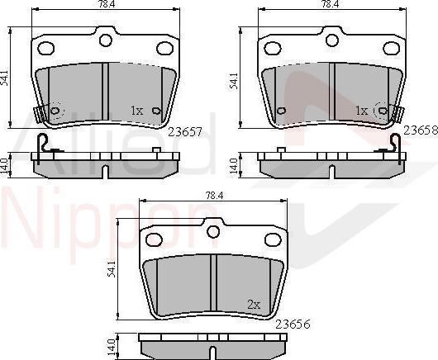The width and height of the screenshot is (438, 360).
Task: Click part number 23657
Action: [184, 132]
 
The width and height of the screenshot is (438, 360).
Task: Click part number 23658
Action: [421, 130]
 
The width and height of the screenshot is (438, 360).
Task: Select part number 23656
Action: [293, 324]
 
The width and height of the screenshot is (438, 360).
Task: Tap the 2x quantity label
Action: [254, 305]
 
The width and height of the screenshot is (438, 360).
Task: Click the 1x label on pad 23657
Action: [137, 111]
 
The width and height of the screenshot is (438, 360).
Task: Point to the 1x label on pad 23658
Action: [361, 111]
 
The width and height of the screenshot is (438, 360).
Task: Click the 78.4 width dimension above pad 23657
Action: [104, 3]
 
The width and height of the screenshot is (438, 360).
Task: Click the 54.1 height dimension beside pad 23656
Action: [112, 269]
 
